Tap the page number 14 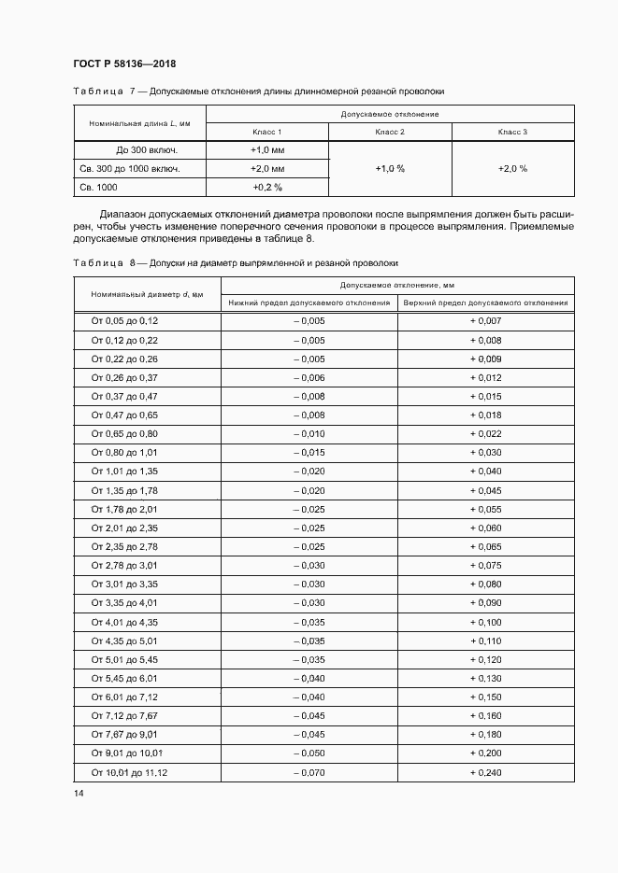click(78, 793)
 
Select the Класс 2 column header click(390, 132)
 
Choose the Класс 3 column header click(512, 132)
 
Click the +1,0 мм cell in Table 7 click(266, 149)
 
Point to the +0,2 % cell click(266, 188)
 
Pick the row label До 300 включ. click(147, 149)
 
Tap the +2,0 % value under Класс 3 click(512, 169)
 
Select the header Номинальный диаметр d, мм click(140, 294)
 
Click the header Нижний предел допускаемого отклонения click(309, 303)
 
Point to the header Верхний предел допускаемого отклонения click(485, 303)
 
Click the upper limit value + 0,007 click(485, 321)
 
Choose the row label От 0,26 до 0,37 click(124, 377)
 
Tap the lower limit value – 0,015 click(309, 453)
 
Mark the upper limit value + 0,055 click(485, 509)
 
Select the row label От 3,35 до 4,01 click(124, 603)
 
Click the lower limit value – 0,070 click(309, 772)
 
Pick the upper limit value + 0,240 click(485, 772)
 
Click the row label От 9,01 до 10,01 click(127, 753)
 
